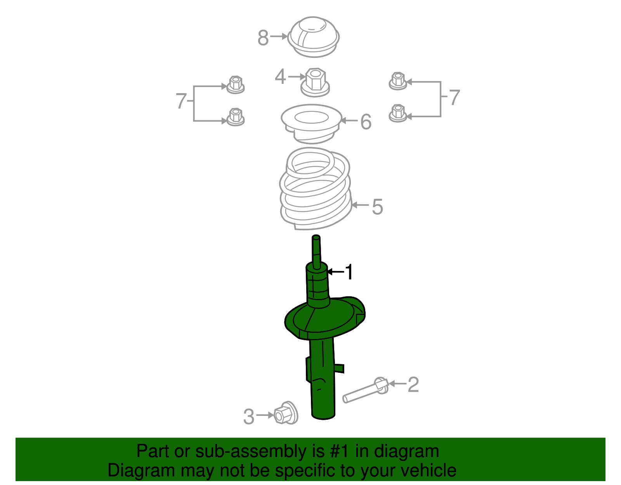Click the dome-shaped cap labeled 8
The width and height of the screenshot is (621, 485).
click(314, 37)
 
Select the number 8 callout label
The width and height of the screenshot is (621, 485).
click(263, 38)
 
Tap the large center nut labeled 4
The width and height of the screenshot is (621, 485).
click(315, 82)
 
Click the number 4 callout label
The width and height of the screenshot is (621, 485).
click(280, 77)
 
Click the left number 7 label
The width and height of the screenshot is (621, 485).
click(181, 101)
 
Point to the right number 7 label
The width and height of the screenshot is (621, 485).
click(454, 97)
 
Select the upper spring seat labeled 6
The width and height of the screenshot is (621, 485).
click(311, 122)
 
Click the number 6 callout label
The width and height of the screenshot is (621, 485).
click(366, 122)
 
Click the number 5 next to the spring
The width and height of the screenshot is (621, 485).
click(377, 207)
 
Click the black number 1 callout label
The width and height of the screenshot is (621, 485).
click(349, 272)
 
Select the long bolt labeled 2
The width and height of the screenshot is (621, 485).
click(365, 391)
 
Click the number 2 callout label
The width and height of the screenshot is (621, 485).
click(413, 385)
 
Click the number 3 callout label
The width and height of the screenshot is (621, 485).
click(248, 417)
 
